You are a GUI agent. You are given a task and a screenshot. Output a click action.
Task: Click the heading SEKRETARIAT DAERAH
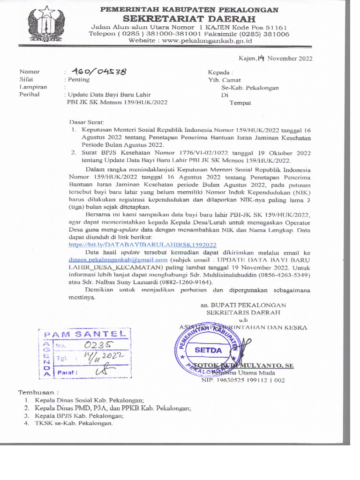189,19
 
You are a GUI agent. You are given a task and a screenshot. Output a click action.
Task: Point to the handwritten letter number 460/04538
99,72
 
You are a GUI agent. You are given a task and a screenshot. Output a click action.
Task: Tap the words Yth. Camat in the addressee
225,80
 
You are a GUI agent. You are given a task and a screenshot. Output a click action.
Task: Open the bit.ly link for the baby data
142,245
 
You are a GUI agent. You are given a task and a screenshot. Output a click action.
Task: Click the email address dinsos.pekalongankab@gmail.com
118,259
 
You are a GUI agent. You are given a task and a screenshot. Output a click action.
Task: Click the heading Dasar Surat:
86,121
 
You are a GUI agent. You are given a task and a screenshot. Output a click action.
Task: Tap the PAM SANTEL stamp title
85,334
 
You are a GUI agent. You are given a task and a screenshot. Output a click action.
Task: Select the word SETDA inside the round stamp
208,350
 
